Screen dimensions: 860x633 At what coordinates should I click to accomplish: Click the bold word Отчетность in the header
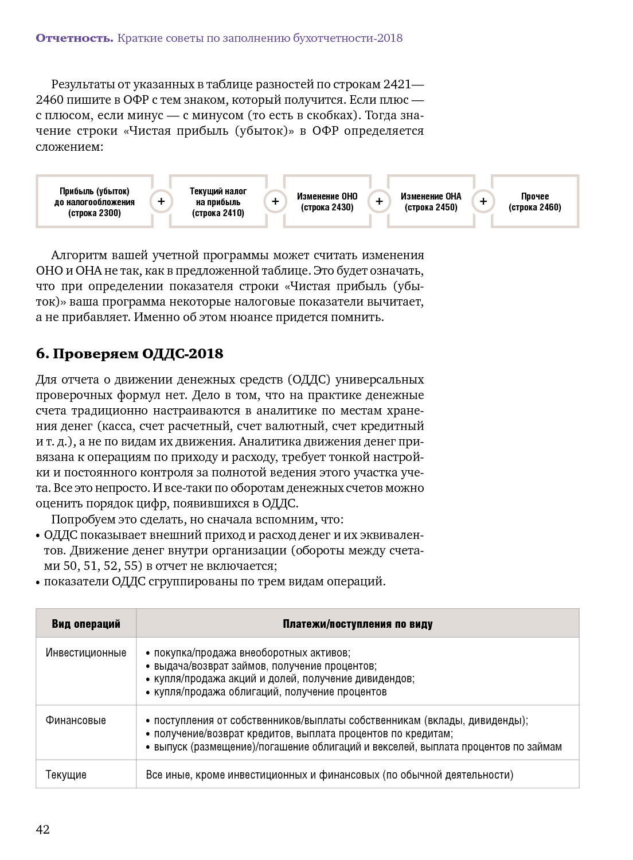[x=75, y=38]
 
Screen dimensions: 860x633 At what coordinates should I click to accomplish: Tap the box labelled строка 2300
[x=95, y=202]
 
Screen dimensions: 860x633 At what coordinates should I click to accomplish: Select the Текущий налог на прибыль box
[x=218, y=202]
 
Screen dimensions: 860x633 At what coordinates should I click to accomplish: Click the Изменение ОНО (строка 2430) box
[x=327, y=202]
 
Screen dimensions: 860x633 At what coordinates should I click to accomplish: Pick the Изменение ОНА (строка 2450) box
[x=431, y=202]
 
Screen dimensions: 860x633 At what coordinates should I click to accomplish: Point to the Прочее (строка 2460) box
[x=534, y=202]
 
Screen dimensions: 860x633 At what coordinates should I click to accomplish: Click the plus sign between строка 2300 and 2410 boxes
[x=161, y=202]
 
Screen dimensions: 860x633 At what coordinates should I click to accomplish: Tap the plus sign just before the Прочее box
[x=483, y=202]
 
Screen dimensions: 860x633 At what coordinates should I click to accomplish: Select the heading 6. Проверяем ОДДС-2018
[x=130, y=354]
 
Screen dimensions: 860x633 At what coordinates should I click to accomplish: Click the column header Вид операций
[x=86, y=624]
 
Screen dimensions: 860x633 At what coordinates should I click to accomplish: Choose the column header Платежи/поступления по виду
[x=357, y=624]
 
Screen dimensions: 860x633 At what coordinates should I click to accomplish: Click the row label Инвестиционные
[x=86, y=653]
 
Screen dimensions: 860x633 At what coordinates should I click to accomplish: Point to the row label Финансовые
[x=76, y=721]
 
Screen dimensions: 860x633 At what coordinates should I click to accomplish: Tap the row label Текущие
[x=66, y=775]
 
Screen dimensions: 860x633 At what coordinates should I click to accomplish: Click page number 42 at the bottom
[x=43, y=830]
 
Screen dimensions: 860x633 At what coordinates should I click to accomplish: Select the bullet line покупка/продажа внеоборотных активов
[x=252, y=653]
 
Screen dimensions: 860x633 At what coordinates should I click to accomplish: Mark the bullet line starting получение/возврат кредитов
[x=303, y=734]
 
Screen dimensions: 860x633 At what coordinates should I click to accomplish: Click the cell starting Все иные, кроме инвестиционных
[x=330, y=775]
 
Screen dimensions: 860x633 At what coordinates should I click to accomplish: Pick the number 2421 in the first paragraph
[x=397, y=84]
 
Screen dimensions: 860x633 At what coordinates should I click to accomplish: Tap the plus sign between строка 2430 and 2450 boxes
[x=379, y=202]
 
